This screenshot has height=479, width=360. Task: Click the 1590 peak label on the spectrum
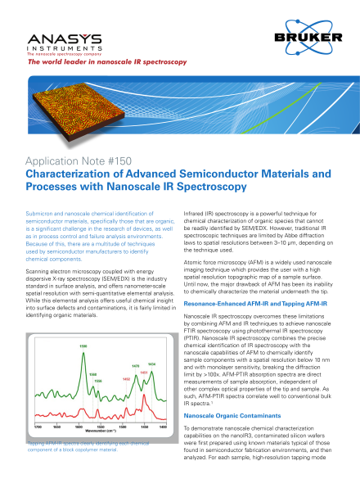[x=83, y=346]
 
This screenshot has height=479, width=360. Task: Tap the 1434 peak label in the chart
[x=151, y=363]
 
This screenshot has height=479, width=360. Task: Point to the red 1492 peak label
[x=126, y=379]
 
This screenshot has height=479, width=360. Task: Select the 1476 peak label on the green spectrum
[x=135, y=366]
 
